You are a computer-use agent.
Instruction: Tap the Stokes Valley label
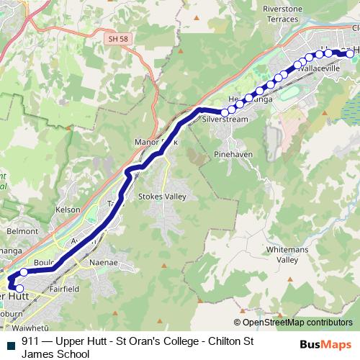pos(162,197)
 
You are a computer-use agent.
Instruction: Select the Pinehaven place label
pos(232,155)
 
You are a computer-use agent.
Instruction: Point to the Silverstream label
pos(225,120)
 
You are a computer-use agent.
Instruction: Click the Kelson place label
pos(67,210)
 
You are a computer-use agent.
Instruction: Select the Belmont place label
pos(22,232)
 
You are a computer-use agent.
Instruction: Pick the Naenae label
pos(102,264)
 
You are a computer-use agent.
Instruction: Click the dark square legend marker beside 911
pos(10,343)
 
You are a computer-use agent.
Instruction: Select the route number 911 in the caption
pos(30,342)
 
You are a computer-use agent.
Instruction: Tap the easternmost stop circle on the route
pos(351,53)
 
